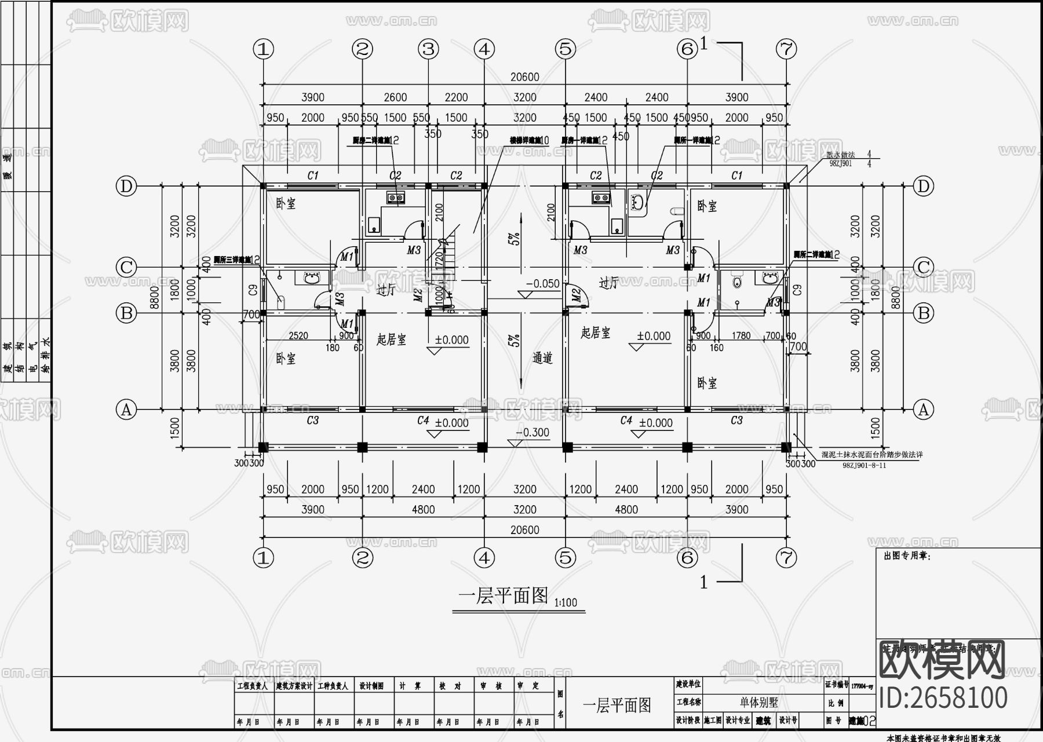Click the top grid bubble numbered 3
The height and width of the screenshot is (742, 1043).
(x=428, y=49)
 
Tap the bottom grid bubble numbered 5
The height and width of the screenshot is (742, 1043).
(x=565, y=558)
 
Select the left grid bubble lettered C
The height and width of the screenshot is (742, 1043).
(x=126, y=267)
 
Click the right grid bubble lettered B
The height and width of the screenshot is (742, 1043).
(x=923, y=313)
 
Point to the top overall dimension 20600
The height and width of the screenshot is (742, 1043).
(x=524, y=77)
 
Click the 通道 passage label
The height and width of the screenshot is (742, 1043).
(x=542, y=359)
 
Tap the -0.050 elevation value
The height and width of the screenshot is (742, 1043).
(x=543, y=284)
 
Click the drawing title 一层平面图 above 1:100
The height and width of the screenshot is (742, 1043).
(x=503, y=595)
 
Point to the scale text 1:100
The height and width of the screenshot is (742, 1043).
(x=566, y=603)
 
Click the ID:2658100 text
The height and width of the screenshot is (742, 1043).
(x=943, y=697)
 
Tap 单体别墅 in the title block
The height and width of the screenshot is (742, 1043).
(x=758, y=703)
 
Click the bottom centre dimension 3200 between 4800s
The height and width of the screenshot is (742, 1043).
(x=524, y=510)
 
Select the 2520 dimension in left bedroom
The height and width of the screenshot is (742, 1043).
(x=298, y=335)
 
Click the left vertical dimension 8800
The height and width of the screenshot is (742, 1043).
(x=155, y=298)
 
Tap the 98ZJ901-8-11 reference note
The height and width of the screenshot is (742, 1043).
(x=864, y=465)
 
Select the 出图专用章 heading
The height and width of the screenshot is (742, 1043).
(x=906, y=556)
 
